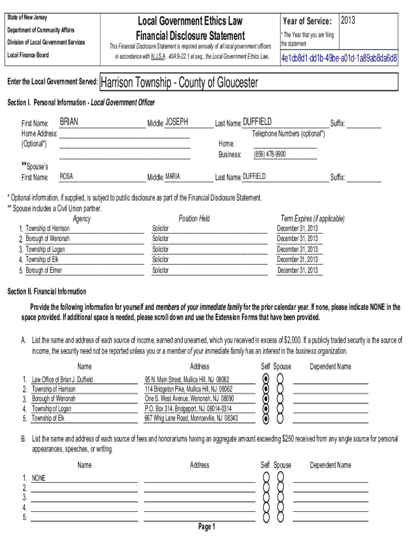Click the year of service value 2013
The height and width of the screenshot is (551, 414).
click(x=348, y=20)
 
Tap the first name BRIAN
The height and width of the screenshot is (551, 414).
click(x=69, y=122)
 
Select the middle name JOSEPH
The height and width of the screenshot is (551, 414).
click(x=176, y=122)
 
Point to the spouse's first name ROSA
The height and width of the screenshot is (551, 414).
click(x=66, y=176)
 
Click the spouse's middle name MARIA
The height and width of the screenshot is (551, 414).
click(x=173, y=176)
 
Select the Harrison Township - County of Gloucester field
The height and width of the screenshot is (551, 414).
click(x=179, y=82)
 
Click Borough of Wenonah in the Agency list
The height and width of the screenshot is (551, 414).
click(x=48, y=238)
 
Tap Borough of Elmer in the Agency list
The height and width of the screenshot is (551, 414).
click(x=44, y=270)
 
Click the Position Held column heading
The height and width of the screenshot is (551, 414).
click(x=194, y=218)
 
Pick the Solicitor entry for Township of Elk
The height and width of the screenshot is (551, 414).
click(x=160, y=259)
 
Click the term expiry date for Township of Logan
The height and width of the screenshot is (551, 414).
click(x=297, y=249)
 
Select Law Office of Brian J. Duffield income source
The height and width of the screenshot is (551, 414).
click(x=62, y=379)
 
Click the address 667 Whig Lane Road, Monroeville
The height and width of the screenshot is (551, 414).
click(x=191, y=418)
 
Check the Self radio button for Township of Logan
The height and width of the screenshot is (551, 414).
click(x=266, y=408)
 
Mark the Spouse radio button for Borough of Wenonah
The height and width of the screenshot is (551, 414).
click(x=280, y=399)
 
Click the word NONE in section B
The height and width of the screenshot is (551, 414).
click(x=39, y=478)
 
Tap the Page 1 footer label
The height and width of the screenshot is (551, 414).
click(x=206, y=527)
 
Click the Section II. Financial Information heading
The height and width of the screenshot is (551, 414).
click(x=46, y=292)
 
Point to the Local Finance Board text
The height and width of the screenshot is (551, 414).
click(x=27, y=55)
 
